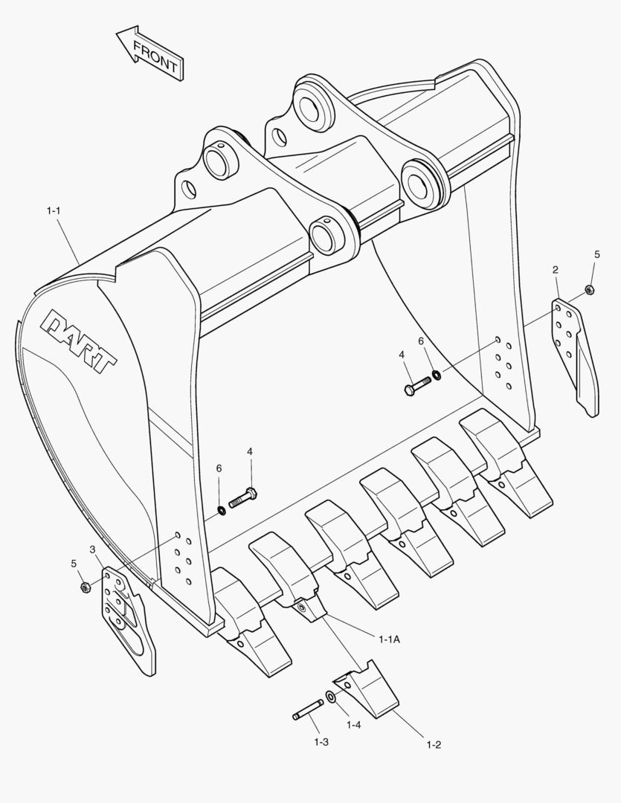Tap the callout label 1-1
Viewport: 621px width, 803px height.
pos(53,212)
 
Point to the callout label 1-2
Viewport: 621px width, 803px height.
pos(434,744)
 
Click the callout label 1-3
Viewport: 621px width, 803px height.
pos(321,742)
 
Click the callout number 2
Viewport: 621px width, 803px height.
pos(556,269)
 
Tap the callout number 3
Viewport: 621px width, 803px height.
pos(92,549)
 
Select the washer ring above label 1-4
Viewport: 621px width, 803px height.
pos(331,697)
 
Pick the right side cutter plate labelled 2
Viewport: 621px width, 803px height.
pos(574,352)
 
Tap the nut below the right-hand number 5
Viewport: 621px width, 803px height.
pos(589,289)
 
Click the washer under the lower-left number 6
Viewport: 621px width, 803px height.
pos(221,509)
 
